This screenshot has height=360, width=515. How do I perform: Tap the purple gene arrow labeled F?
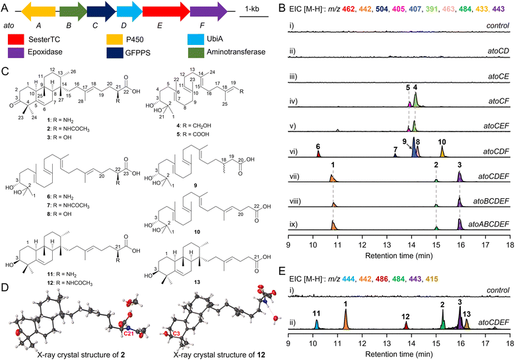[x=205, y=12]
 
